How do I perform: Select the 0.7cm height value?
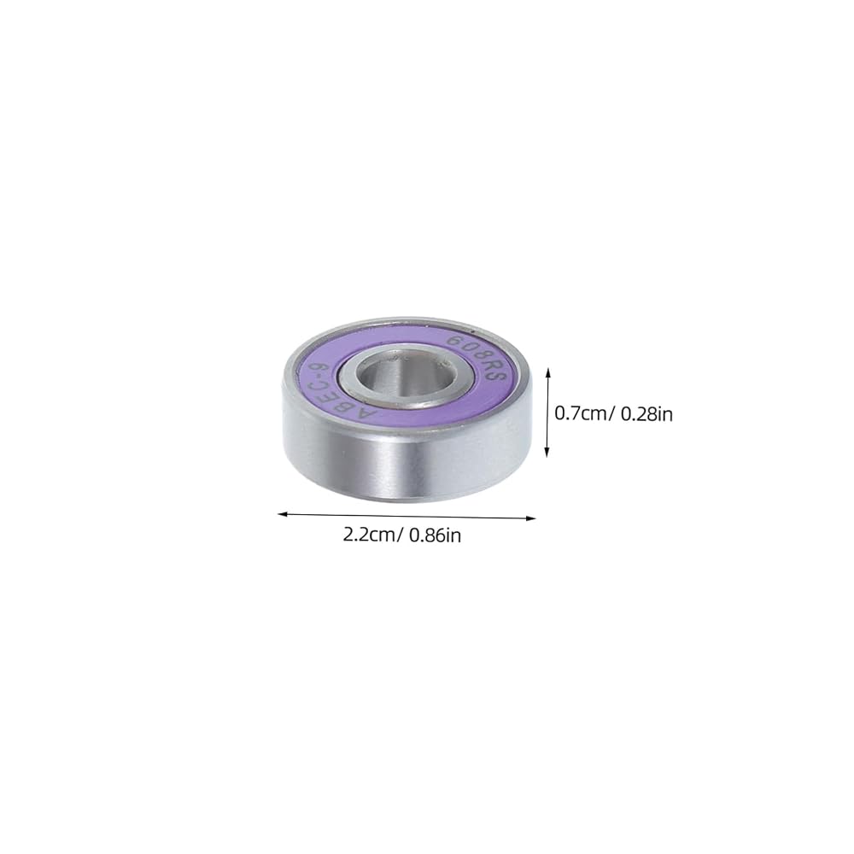(580, 413)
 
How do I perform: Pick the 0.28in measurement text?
(647, 414)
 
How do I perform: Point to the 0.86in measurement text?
(436, 535)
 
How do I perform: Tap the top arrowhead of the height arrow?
(548, 371)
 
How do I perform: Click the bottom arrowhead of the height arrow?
(547, 453)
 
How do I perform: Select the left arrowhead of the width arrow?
(282, 513)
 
